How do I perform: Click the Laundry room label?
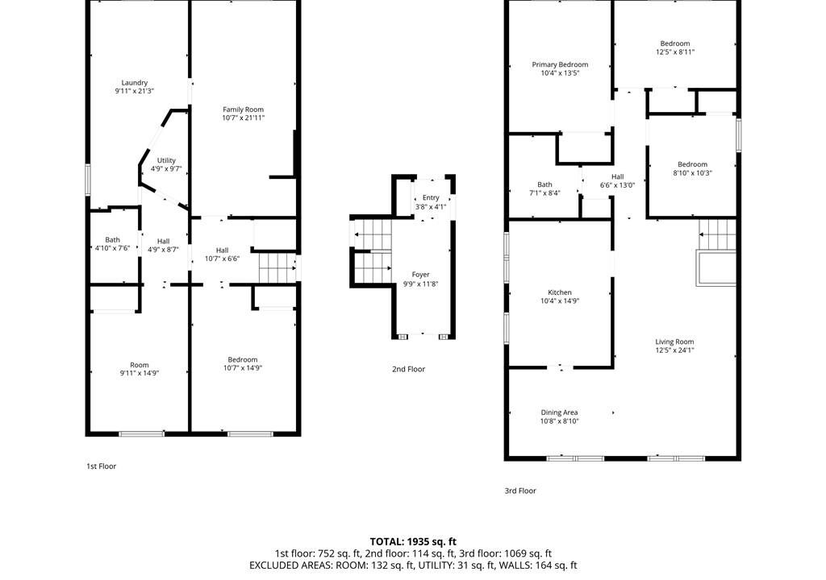(135, 83)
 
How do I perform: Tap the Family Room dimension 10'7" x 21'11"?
(244, 118)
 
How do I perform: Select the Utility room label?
(166, 160)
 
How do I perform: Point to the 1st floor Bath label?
(112, 239)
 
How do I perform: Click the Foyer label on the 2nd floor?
(420, 274)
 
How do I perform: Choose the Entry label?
(431, 197)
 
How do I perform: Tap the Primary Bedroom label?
(560, 64)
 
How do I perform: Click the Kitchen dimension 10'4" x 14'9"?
(560, 301)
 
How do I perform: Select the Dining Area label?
(560, 412)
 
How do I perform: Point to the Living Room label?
(675, 342)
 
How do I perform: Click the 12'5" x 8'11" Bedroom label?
(675, 43)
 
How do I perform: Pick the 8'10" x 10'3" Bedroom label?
(693, 164)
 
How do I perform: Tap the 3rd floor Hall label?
(618, 177)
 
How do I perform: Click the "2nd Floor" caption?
(408, 369)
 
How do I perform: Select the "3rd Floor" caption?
(520, 491)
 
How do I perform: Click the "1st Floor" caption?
(101, 466)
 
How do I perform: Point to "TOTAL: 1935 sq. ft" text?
(413, 541)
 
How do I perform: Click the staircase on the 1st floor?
(277, 269)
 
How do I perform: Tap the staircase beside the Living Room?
(717, 234)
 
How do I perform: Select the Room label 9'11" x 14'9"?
(140, 365)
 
